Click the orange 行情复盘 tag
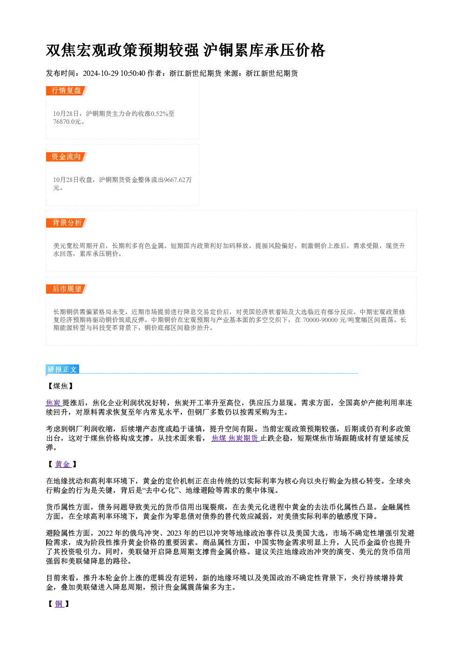[66, 91]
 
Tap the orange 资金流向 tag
[66, 157]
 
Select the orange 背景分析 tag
[66, 223]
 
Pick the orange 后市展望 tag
[66, 289]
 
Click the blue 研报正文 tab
[62, 370]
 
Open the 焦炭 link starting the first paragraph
[54, 403]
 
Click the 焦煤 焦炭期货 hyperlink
[235, 438]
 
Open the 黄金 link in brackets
[63, 464]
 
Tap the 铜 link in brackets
[59, 604]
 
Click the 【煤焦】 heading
[61, 386]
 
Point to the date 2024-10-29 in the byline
[101, 74]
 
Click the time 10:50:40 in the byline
[133, 74]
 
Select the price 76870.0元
[67, 122]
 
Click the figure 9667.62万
[178, 180]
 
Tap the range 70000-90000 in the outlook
[320, 320]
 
